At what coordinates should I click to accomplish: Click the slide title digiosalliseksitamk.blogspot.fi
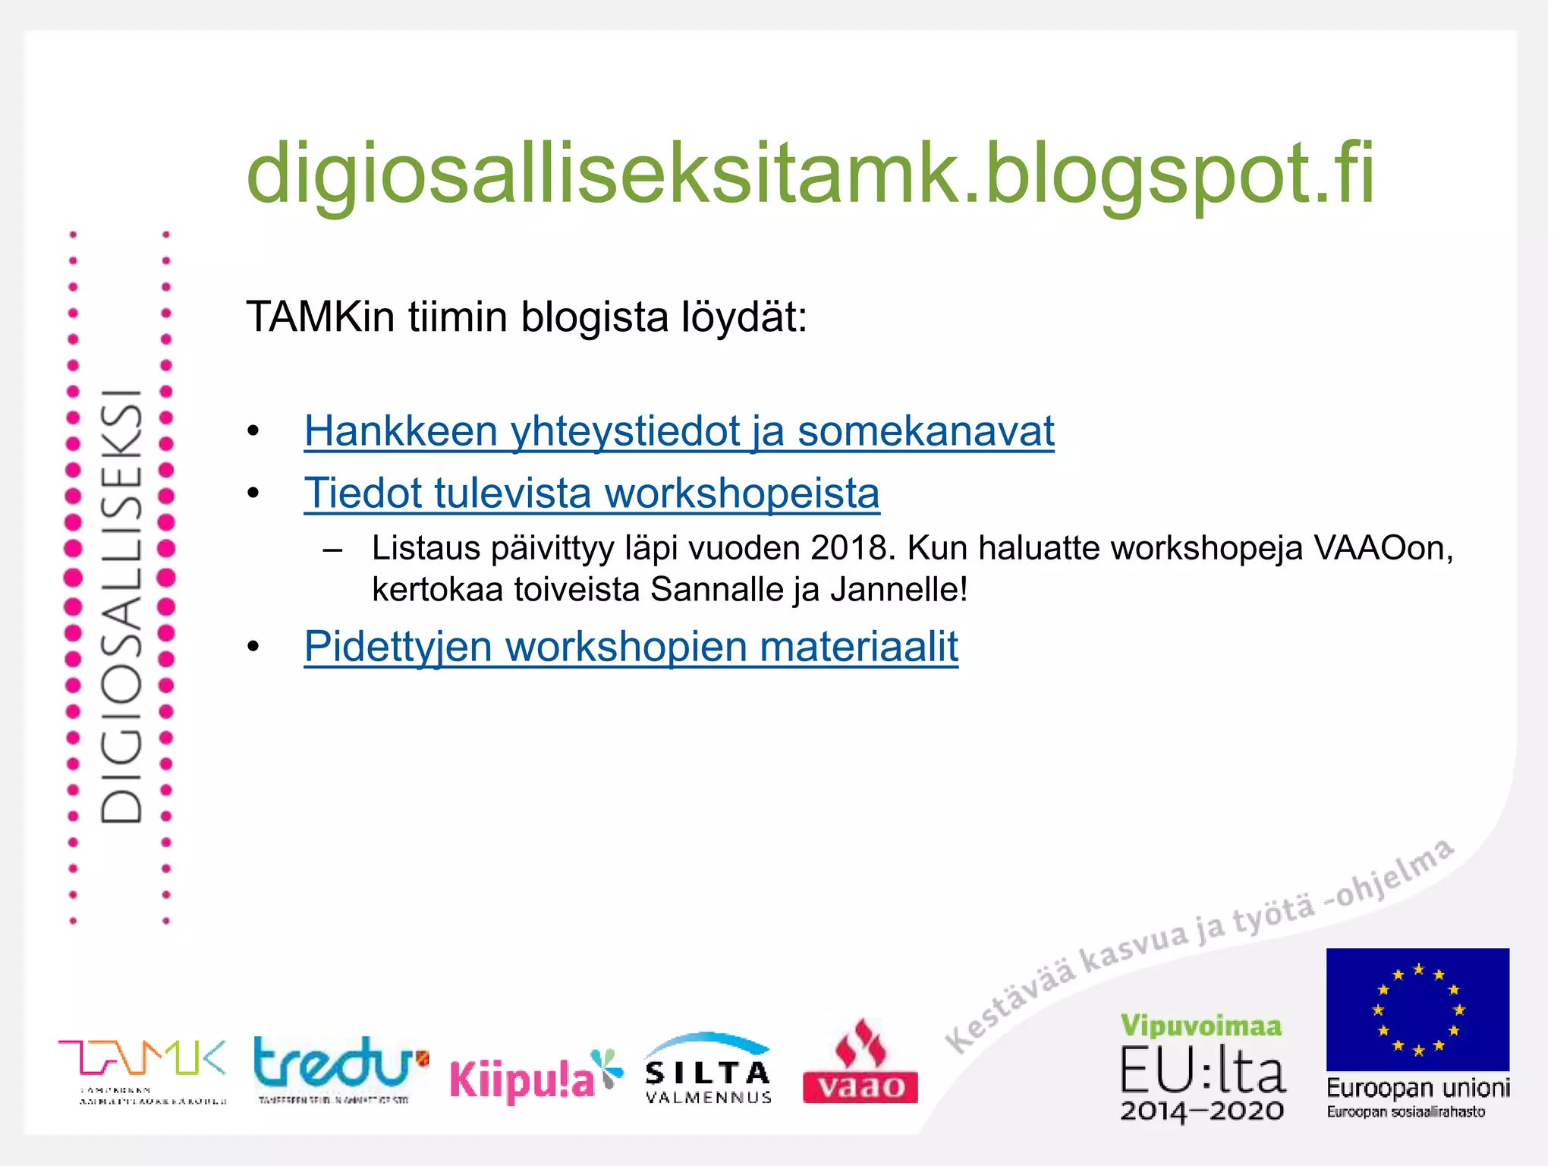[x=810, y=175]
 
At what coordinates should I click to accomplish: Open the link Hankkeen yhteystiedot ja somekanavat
[x=679, y=431]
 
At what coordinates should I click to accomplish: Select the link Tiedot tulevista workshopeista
[x=592, y=493]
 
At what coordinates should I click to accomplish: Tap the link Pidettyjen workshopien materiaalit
[x=631, y=647]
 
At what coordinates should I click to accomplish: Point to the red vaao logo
[x=860, y=1063]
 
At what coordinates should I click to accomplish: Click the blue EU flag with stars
[x=1417, y=1009]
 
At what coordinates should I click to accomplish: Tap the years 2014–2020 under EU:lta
[x=1202, y=1111]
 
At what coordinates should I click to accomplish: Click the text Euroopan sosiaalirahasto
[x=1406, y=1113]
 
